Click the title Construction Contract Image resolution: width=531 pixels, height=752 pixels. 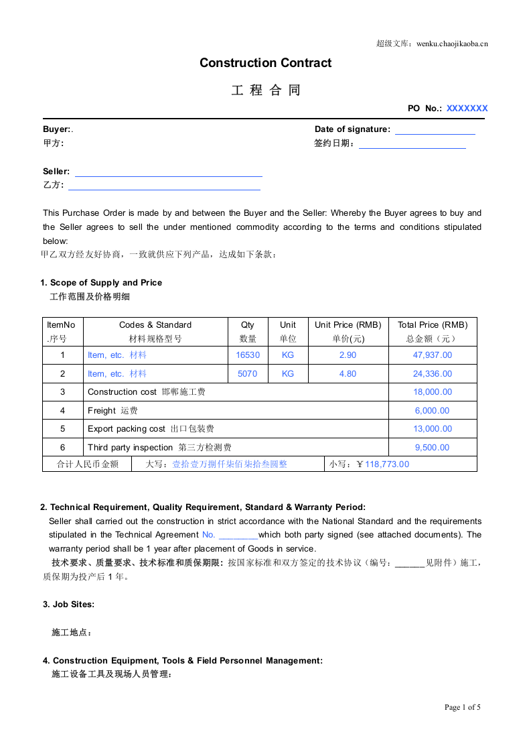[x=265, y=63]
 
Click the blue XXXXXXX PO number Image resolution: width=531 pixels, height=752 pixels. [x=467, y=108]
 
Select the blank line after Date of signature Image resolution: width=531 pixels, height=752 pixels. [x=435, y=131]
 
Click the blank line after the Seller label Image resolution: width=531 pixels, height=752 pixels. [x=168, y=172]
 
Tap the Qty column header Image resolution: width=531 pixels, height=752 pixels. [x=248, y=325]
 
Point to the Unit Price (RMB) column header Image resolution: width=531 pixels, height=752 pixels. [x=348, y=325]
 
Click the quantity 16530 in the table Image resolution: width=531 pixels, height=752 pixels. [x=248, y=355]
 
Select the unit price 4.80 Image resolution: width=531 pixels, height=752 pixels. [x=348, y=374]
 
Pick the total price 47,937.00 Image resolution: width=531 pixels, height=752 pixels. [x=433, y=355]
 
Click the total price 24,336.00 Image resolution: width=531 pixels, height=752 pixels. [x=433, y=374]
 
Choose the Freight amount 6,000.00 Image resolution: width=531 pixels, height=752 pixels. [x=433, y=411]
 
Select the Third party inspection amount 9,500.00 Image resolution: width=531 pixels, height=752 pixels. [x=433, y=448]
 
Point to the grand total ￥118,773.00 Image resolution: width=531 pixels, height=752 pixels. [x=382, y=464]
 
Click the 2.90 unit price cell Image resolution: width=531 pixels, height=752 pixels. [x=348, y=355]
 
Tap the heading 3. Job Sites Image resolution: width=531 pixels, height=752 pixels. [x=68, y=605]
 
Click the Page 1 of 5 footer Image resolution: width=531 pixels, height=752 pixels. [x=463, y=707]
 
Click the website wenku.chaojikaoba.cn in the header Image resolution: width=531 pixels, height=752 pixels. [x=452, y=44]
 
